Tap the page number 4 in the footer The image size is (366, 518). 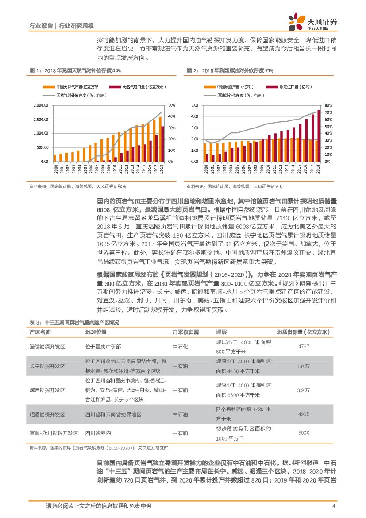pos(333,506)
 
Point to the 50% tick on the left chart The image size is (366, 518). pos(172,105)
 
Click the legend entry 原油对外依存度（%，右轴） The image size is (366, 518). pos(239,95)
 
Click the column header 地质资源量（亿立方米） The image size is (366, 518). pos(305,332)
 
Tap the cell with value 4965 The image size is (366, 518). pos(304,414)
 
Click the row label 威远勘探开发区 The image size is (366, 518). pos(47,390)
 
